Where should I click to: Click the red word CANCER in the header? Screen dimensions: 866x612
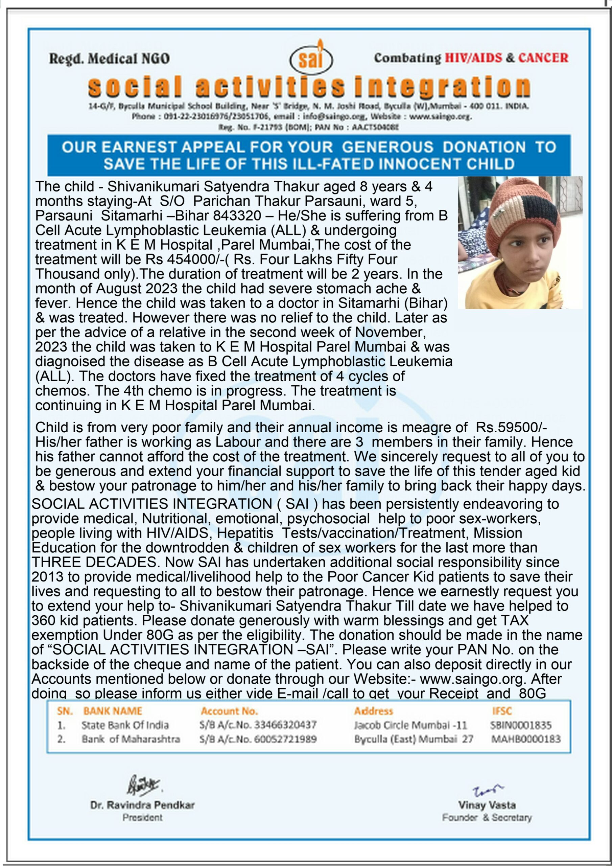543,58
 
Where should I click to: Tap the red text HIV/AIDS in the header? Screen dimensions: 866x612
473,58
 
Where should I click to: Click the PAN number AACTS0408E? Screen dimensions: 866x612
375,127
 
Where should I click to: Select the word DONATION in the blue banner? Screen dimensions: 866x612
484,147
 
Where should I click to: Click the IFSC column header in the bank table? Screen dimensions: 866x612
502,711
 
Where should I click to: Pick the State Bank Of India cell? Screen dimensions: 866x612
125,725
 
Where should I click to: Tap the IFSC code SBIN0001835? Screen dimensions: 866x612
521,725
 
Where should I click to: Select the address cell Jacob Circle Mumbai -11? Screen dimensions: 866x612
410,725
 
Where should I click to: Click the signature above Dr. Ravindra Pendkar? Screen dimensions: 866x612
143,785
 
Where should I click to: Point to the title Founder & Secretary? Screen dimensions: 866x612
487,817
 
